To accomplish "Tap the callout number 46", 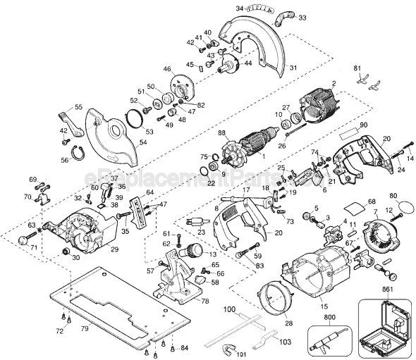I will click(167, 69).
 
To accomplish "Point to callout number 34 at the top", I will click(240, 8).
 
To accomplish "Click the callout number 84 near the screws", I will click(185, 347).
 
